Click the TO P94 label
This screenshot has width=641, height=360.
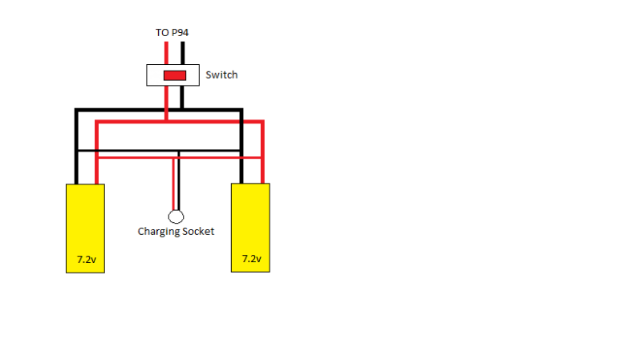tap(172, 33)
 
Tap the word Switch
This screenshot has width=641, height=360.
tap(221, 75)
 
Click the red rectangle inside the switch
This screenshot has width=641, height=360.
tap(175, 75)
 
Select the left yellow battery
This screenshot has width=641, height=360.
tap(85, 229)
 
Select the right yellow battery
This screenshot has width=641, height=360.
tap(250, 228)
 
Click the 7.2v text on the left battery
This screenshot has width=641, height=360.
tap(87, 260)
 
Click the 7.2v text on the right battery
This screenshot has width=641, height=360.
tap(251, 259)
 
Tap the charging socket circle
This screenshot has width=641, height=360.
tap(176, 216)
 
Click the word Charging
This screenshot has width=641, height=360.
tap(159, 232)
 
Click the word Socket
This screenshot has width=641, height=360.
tap(198, 231)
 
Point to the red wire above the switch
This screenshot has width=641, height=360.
tap(166, 53)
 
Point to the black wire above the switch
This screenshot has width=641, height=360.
tap(182, 53)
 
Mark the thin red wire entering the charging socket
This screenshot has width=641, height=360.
tap(174, 184)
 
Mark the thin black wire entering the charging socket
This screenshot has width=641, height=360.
tap(179, 181)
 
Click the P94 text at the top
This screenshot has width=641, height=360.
tap(180, 33)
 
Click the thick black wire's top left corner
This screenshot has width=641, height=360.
tap(76, 110)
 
